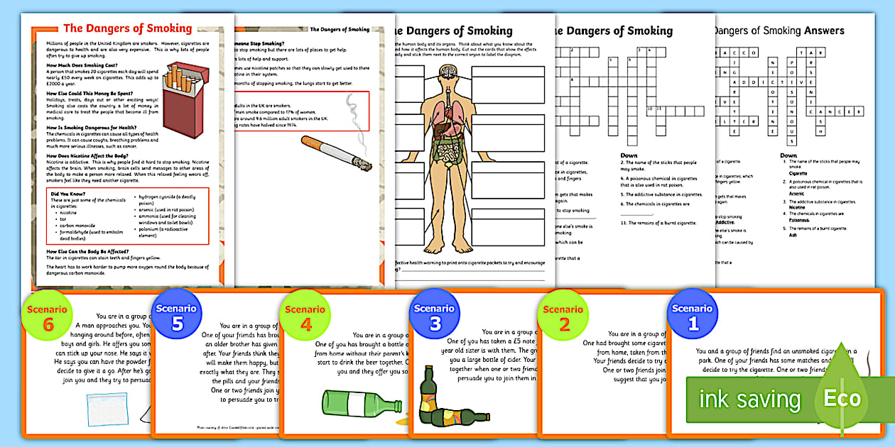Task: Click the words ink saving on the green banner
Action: pyautogui.click(x=749, y=399)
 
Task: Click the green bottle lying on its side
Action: pyautogui.click(x=360, y=404)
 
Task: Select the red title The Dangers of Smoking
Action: pyautogui.click(x=128, y=29)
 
